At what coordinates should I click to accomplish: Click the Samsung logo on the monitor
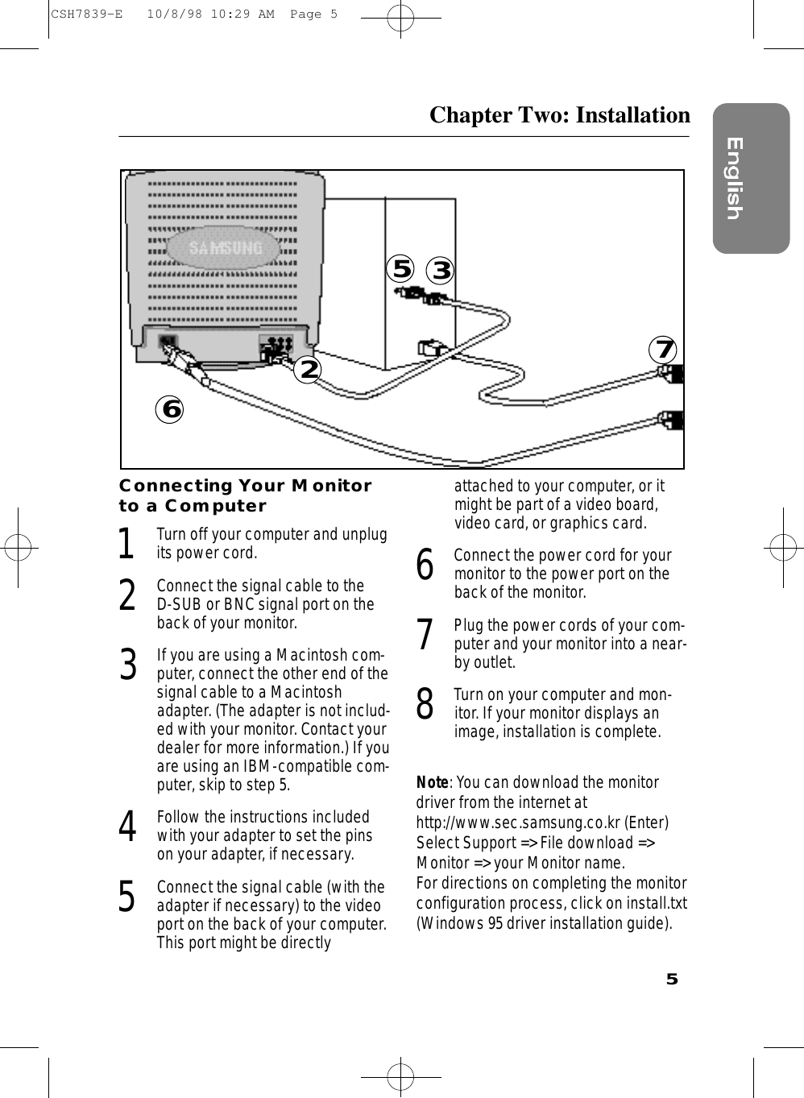[226, 248]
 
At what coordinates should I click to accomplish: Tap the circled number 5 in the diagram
[400, 267]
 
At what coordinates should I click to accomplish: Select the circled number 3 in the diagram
[440, 270]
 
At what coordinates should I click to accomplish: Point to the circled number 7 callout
[664, 350]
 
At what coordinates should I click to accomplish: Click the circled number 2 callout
[307, 369]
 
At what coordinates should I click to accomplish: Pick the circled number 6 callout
[170, 409]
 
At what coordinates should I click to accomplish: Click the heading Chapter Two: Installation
[559, 115]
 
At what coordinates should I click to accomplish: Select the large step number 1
[126, 544]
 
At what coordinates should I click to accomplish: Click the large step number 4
[126, 827]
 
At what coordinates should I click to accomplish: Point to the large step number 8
[425, 704]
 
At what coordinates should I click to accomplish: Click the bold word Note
[432, 783]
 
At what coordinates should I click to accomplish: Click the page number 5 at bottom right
[671, 980]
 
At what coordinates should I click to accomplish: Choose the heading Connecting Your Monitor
[245, 486]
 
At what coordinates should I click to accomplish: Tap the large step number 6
[425, 564]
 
